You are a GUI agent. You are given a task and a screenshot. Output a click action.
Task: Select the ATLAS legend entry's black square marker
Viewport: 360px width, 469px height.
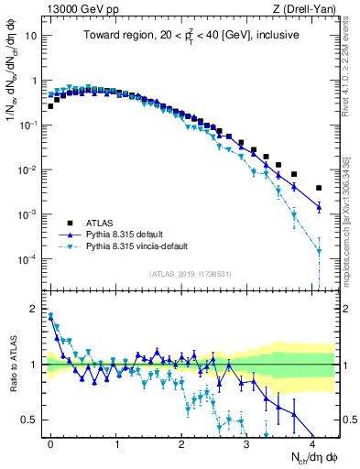tap(70, 223)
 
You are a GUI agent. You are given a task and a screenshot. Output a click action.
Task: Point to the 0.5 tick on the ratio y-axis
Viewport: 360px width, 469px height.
tap(30, 420)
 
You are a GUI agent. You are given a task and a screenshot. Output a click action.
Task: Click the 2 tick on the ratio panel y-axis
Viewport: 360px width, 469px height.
tap(35, 309)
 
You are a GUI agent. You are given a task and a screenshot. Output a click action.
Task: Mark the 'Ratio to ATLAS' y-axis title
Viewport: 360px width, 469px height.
tap(12, 365)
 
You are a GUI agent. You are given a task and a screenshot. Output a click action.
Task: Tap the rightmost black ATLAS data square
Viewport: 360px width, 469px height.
tap(319, 188)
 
